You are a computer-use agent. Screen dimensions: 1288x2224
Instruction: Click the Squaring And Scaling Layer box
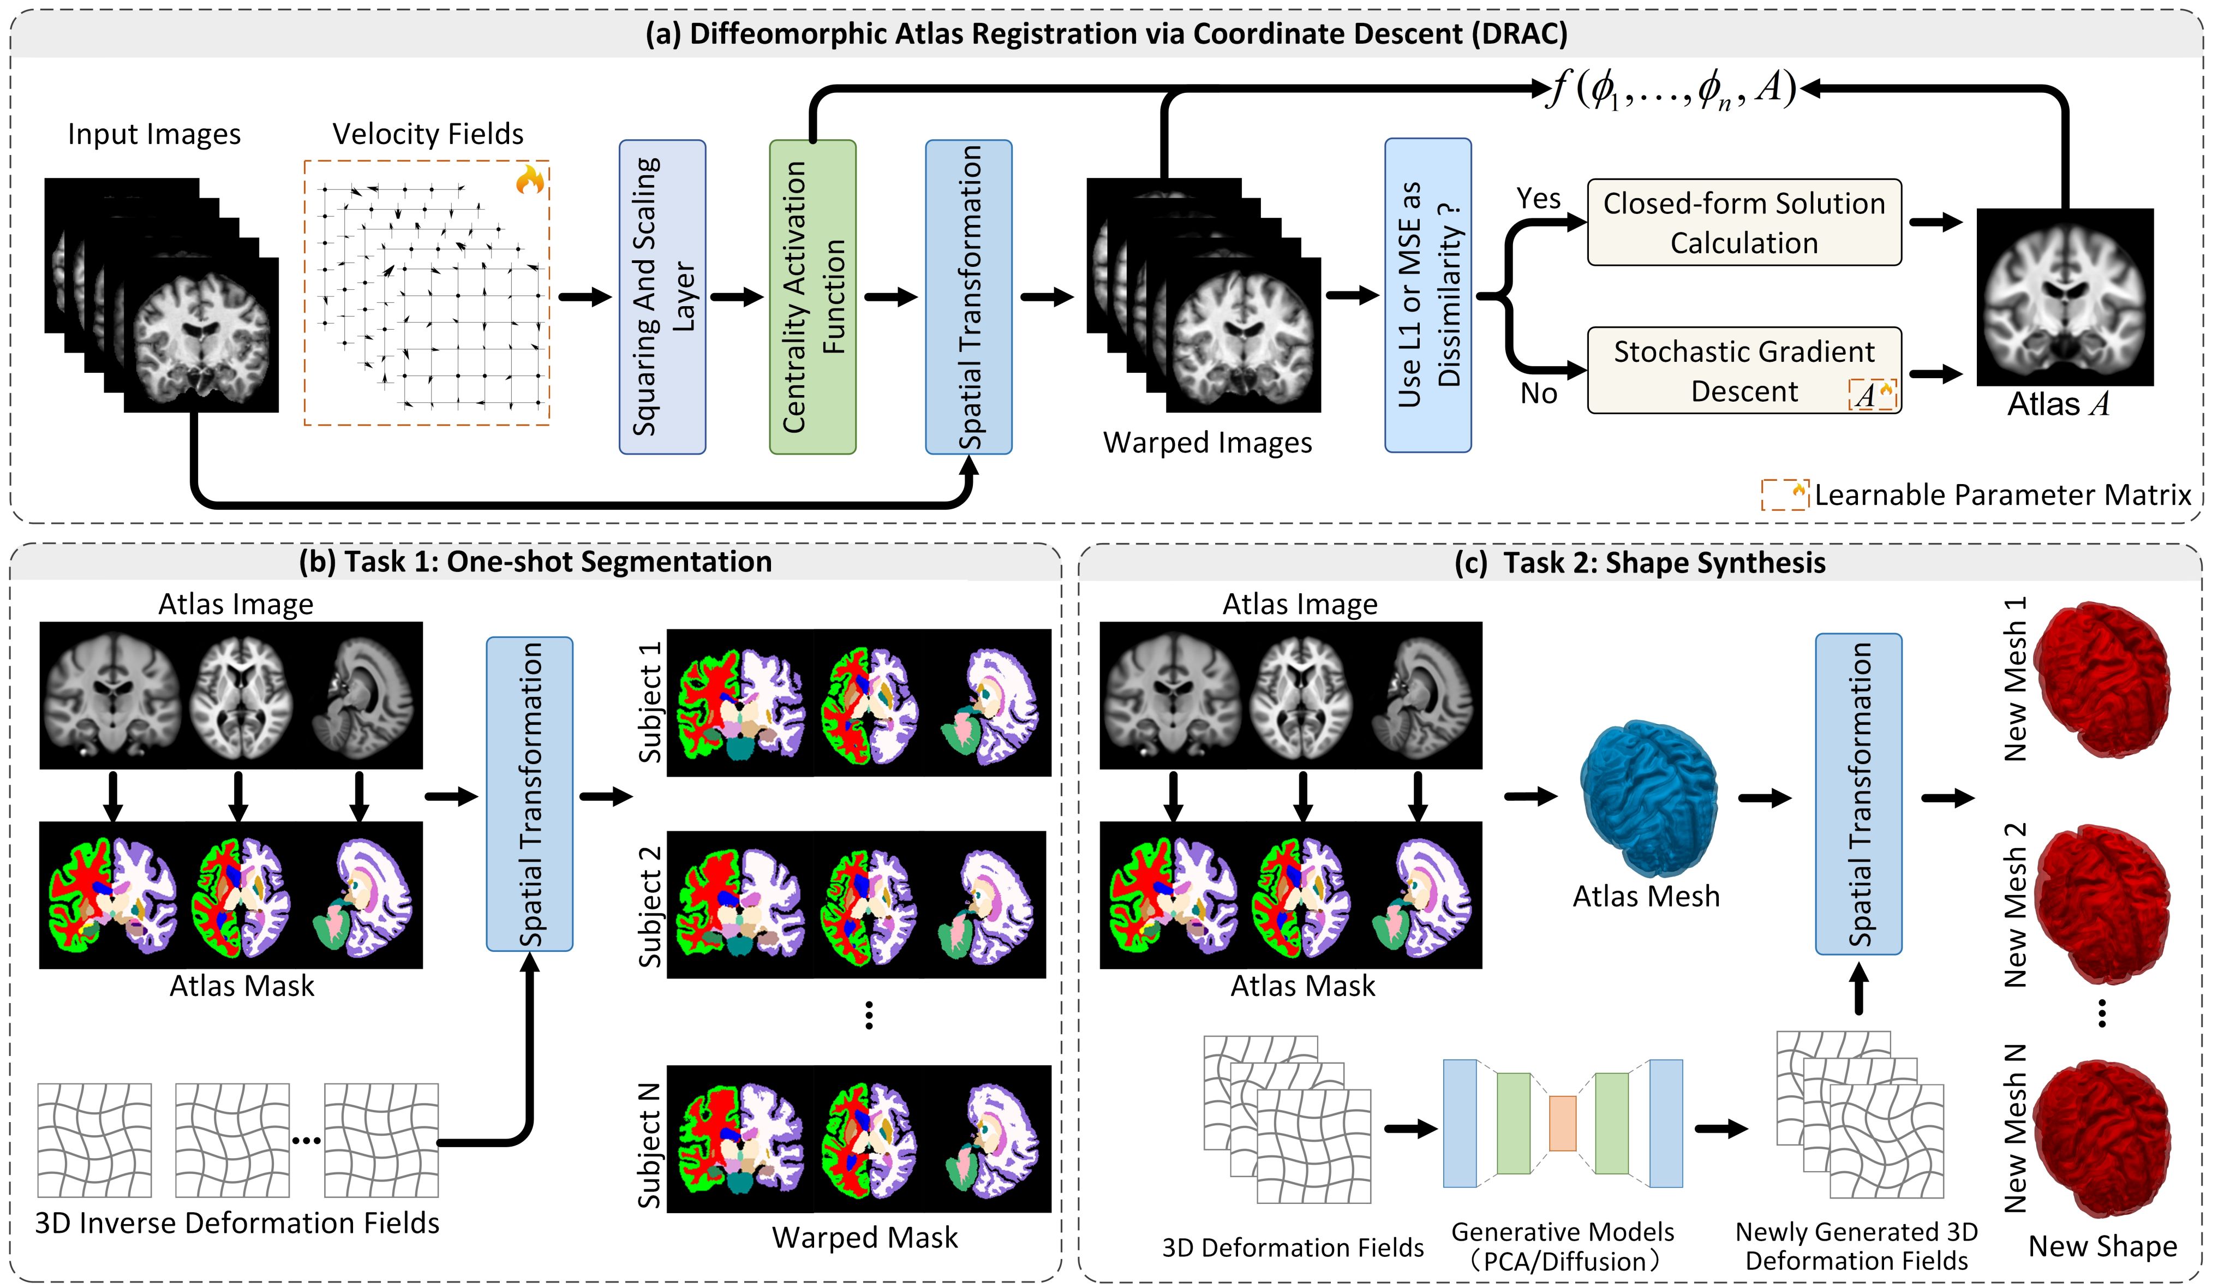[662, 296]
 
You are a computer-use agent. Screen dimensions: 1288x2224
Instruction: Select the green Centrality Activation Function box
[812, 296]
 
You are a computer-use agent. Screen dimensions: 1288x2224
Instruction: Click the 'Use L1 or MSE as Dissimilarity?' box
[1427, 295]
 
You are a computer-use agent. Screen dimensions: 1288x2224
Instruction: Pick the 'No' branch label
[1538, 393]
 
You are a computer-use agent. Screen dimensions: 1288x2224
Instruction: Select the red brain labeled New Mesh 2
[2101, 905]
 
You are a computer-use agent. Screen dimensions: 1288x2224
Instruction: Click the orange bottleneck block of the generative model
[1562, 1123]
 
